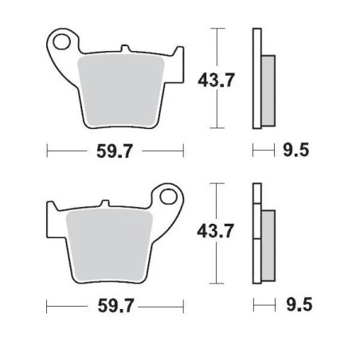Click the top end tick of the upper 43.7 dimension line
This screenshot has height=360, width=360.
tap(217, 28)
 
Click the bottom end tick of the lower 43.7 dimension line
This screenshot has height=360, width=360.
tap(217, 283)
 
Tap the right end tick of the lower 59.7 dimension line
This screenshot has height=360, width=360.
tap(184, 306)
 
